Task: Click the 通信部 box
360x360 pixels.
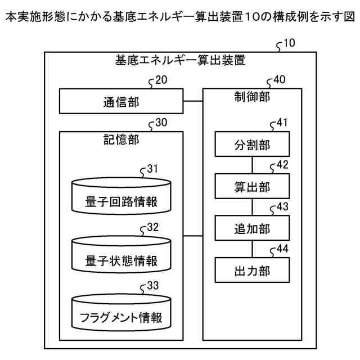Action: (121, 102)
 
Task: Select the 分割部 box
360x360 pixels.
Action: (252, 144)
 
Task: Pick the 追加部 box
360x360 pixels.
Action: (252, 228)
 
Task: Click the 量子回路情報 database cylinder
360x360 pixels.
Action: (121, 196)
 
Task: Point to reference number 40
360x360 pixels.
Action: (278, 80)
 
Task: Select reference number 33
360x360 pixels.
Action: (152, 285)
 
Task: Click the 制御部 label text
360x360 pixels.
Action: (252, 96)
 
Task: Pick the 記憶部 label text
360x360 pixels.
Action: (121, 139)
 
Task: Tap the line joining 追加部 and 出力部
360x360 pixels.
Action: (252, 250)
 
